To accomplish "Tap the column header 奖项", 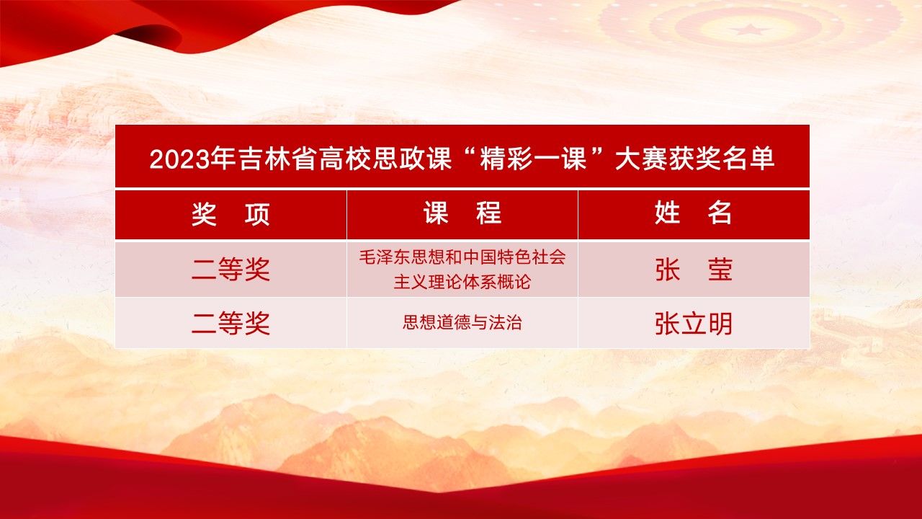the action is (x=230, y=214).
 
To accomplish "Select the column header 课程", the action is (x=462, y=213).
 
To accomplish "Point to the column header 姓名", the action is (x=693, y=213).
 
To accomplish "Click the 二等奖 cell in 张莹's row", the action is (x=230, y=269).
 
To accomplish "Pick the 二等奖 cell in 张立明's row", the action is (x=230, y=323).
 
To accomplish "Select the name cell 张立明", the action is (x=693, y=324).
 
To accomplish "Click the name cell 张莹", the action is (x=693, y=270).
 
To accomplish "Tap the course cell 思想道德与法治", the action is (x=462, y=322).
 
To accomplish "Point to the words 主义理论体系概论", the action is (x=462, y=282).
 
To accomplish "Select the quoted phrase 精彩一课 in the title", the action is (x=534, y=159).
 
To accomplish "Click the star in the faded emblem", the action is (x=750, y=30).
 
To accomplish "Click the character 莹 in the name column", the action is (x=720, y=270).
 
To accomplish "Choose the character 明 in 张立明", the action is (x=720, y=324).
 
